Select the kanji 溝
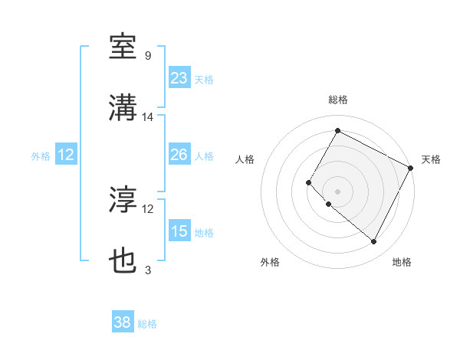tap(123, 109)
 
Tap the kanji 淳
tap(123, 201)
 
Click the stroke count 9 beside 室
tap(148, 56)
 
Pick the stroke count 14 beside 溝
tap(148, 117)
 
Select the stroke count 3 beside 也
tap(148, 270)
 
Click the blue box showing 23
tap(179, 78)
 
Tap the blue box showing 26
tap(179, 155)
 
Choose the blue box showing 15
tap(179, 231)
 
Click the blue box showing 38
tap(123, 322)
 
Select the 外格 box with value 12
tap(66, 155)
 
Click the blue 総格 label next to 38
tap(147, 324)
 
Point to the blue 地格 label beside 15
tap(204, 233)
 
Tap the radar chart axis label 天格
tap(431, 159)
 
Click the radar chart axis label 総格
tap(337, 100)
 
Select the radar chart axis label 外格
tap(270, 263)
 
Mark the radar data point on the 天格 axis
tap(411, 167)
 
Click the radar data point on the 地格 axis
tap(374, 242)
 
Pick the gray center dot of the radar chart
tap(337, 191)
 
